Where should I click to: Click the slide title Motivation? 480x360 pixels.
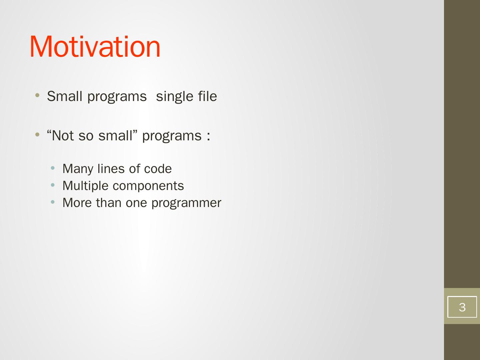(x=95, y=47)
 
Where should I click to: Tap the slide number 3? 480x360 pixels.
(x=462, y=307)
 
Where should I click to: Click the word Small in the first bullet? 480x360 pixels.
(x=65, y=96)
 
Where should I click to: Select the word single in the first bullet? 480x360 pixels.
(x=175, y=97)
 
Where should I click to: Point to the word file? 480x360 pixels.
(x=207, y=96)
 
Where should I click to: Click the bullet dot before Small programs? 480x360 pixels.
(x=37, y=95)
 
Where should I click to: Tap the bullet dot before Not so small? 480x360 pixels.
(x=37, y=134)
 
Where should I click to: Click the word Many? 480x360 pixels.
(x=78, y=169)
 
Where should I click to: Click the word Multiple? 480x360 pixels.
(x=85, y=186)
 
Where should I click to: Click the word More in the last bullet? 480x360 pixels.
(x=77, y=203)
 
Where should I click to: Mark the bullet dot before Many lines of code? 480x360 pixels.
(x=52, y=168)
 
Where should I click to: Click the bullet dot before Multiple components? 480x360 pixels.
(x=52, y=185)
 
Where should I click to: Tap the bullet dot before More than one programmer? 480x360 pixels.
(x=52, y=202)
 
